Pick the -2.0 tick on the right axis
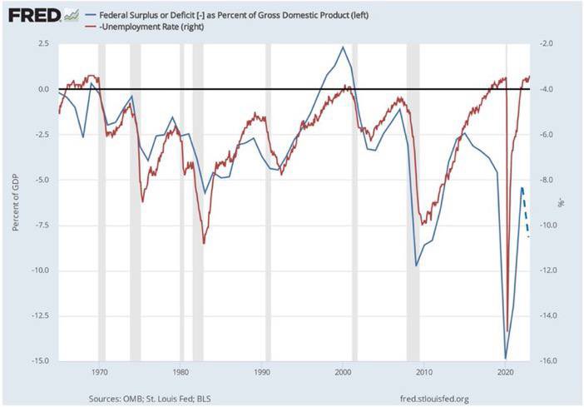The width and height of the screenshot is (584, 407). [545, 44]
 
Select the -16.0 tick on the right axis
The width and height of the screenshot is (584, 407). [547, 361]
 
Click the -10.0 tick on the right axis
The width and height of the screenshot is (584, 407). [547, 226]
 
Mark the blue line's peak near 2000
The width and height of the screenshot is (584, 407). [343, 47]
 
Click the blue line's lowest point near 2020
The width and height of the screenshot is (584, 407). [506, 358]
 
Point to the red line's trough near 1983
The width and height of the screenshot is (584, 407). [204, 243]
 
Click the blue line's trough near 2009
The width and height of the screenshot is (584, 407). [417, 266]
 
